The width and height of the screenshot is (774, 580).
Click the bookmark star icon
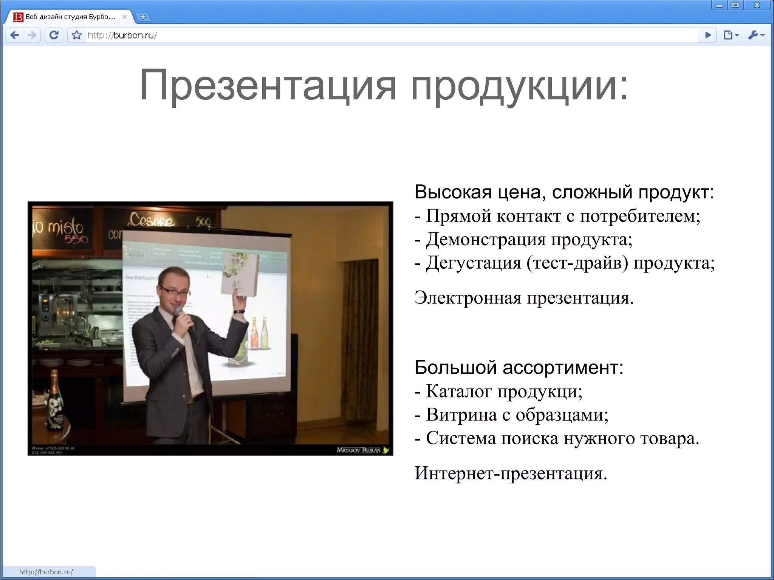pyautogui.click(x=77, y=35)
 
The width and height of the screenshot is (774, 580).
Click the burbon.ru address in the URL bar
pyautogui.click(x=122, y=35)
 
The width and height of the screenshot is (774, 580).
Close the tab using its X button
pyautogui.click(x=124, y=17)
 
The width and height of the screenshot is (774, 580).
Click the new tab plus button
pyautogui.click(x=143, y=17)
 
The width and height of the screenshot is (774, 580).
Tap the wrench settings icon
pyautogui.click(x=754, y=35)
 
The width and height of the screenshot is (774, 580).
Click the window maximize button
pyautogui.click(x=735, y=5)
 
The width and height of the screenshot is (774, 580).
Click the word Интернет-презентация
pyautogui.click(x=511, y=473)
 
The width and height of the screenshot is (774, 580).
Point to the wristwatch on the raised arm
pyautogui.click(x=238, y=312)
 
